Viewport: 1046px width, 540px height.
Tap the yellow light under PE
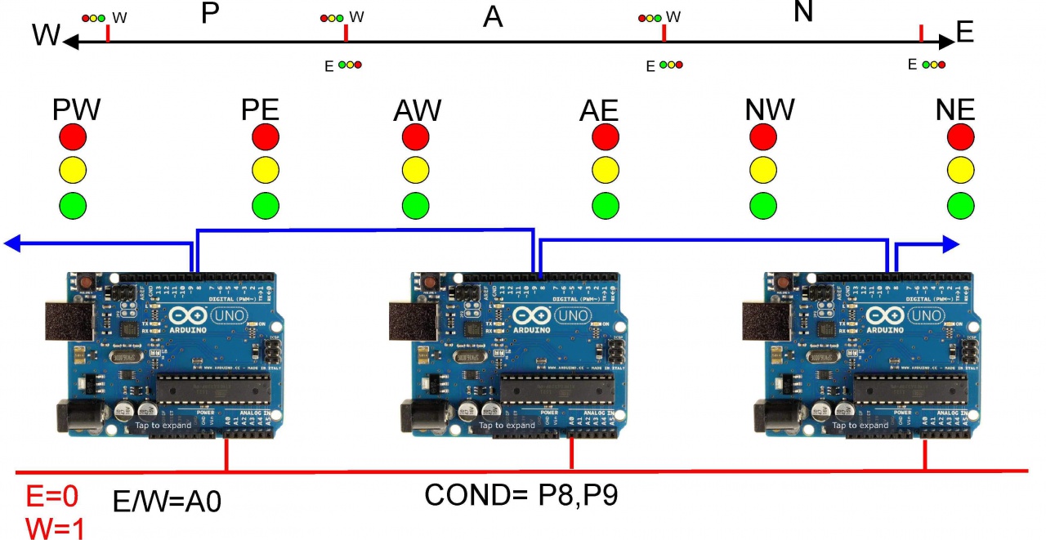[266, 170]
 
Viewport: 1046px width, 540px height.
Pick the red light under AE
[605, 136]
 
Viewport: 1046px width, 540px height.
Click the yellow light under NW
[762, 170]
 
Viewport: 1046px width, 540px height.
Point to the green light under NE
[961, 204]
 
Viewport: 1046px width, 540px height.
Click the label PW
[77, 109]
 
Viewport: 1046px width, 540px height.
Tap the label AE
[599, 109]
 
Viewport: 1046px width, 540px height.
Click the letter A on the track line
[493, 16]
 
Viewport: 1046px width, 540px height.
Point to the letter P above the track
[211, 14]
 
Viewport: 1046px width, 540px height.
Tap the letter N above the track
[803, 12]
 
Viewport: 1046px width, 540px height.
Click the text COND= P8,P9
[520, 495]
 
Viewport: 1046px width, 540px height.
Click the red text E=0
[54, 495]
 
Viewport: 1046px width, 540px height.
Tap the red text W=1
[54, 527]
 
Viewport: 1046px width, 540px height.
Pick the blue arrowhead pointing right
[950, 243]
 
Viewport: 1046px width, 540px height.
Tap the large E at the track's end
[964, 32]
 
